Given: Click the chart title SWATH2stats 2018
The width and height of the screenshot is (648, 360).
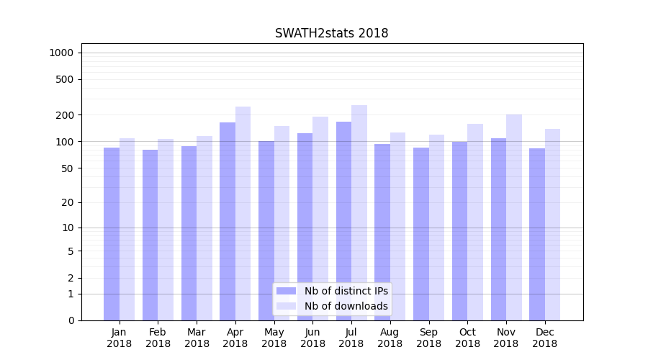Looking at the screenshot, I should [331, 34].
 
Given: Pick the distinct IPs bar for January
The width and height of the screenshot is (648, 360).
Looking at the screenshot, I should [112, 234].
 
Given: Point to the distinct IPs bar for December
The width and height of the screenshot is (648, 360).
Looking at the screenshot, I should [537, 234].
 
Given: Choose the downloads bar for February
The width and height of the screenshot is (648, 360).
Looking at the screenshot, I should [166, 230].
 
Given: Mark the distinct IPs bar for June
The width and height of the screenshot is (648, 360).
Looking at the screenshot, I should [305, 227].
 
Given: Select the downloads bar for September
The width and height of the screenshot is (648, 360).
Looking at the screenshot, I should [436, 228].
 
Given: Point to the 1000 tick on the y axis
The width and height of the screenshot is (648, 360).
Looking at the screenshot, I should [61, 53].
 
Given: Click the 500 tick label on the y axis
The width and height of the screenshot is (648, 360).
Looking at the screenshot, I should [65, 79].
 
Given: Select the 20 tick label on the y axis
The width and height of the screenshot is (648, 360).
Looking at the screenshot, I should [68, 202].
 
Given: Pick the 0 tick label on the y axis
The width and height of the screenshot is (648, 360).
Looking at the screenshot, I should [71, 320].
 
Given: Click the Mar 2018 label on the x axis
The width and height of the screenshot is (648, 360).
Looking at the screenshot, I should [197, 338].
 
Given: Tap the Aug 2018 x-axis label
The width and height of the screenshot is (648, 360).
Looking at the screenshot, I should [390, 338].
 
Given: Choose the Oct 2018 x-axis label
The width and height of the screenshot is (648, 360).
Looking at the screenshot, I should [467, 338].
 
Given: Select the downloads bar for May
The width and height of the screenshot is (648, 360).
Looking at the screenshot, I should [282, 223].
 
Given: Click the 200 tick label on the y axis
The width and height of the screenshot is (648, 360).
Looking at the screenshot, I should [65, 115].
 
